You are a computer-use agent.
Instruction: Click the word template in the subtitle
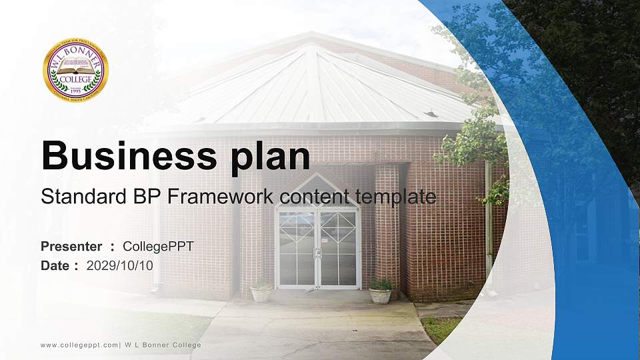(395, 197)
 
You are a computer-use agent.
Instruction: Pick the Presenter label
(71, 247)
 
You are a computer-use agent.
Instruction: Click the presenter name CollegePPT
(159, 247)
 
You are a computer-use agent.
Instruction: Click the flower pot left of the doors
(261, 291)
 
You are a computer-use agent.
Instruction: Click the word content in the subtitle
(317, 197)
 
